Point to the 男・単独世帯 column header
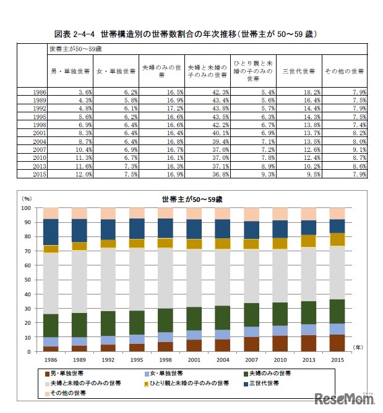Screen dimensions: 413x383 71,71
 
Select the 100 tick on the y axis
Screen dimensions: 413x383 28,208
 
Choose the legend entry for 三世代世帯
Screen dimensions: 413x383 264,383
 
